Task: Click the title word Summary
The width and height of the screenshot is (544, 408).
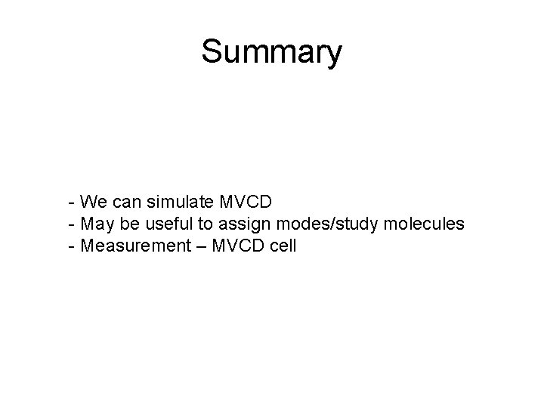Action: coord(271,53)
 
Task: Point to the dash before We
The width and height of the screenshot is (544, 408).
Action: coord(70,202)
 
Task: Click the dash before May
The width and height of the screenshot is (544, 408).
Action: coord(70,224)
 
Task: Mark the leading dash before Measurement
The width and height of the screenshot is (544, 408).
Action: coord(70,246)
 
